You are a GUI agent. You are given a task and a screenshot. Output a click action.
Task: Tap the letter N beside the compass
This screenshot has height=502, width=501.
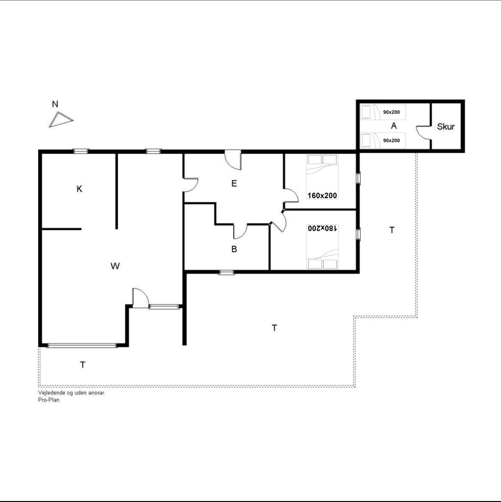[55, 104]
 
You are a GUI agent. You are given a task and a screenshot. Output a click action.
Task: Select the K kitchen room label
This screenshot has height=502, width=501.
[79, 189]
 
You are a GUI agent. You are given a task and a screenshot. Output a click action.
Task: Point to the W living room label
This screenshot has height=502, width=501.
[115, 266]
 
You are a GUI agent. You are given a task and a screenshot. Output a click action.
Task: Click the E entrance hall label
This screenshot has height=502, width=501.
[234, 184]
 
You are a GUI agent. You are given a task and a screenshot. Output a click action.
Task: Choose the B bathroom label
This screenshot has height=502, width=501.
[234, 249]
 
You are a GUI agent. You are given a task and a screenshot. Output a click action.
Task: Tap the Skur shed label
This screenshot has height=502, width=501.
[446, 126]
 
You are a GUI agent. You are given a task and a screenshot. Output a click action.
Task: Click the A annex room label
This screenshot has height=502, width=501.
[394, 126]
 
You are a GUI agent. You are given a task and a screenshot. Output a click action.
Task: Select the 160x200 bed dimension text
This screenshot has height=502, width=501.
[322, 196]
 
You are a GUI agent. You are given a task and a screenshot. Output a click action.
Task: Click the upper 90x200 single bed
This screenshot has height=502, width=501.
[383, 112]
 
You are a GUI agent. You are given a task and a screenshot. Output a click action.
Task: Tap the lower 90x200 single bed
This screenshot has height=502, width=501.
[383, 140]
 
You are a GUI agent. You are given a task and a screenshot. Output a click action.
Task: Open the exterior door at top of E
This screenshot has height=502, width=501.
[233, 160]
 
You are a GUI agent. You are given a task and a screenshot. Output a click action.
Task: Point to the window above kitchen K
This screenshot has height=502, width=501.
[81, 151]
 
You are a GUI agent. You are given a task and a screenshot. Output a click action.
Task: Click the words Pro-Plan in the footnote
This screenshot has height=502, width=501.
[49, 400]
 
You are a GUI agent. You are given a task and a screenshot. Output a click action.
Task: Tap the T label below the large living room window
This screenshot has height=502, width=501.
[83, 365]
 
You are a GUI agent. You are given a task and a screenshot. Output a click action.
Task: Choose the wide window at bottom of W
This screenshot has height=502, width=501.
[82, 346]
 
